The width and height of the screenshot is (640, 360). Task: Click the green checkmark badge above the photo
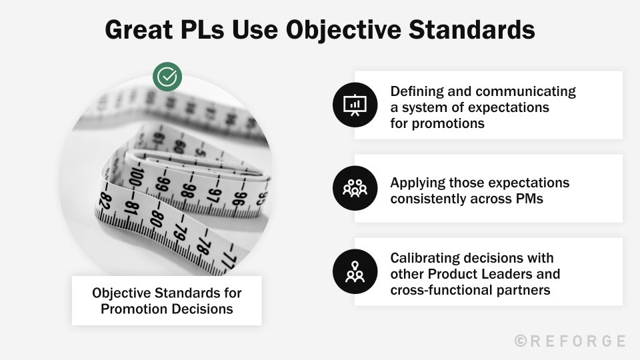[x=167, y=77]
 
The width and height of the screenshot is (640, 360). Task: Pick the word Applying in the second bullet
[x=417, y=183]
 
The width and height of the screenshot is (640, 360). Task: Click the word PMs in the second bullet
[x=526, y=199]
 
